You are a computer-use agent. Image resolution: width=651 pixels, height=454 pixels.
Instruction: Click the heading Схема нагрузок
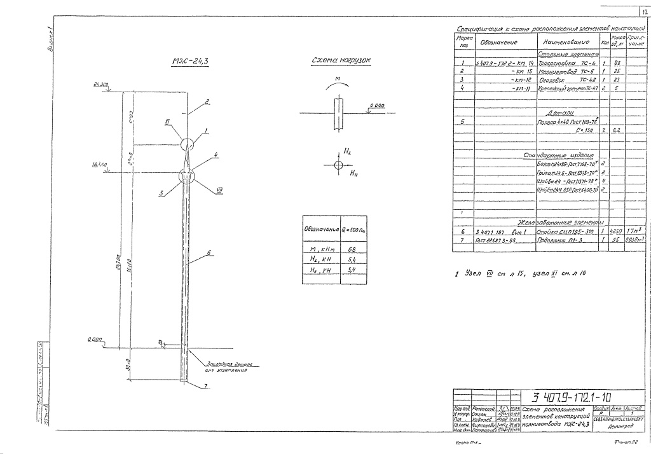341,60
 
